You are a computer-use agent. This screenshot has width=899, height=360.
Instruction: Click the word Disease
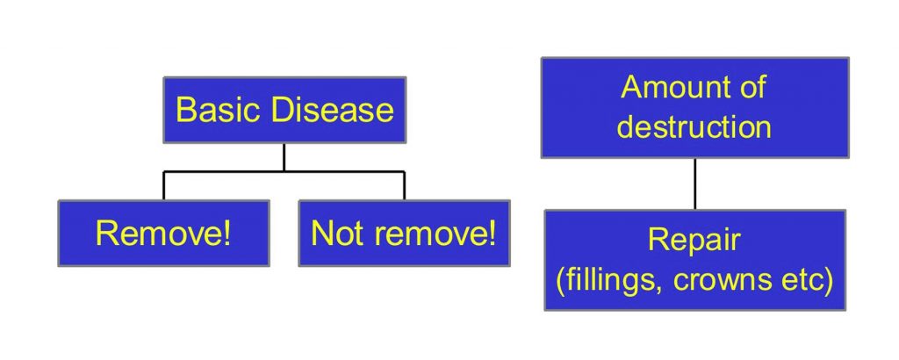pyautogui.click(x=333, y=110)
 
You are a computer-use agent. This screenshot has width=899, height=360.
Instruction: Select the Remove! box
pyautogui.click(x=164, y=234)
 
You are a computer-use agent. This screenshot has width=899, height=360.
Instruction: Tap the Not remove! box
pyautogui.click(x=404, y=234)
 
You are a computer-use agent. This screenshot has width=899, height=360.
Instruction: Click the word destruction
pyautogui.click(x=694, y=126)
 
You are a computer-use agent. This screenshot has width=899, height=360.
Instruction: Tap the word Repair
pyautogui.click(x=694, y=241)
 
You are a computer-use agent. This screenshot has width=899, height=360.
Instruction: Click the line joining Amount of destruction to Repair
pyautogui.click(x=695, y=184)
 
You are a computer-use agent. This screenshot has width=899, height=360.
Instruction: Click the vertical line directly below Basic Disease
pyautogui.click(x=284, y=157)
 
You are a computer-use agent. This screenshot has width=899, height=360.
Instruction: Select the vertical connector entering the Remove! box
pyautogui.click(x=163, y=186)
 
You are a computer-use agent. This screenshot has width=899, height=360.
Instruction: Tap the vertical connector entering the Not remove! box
pyautogui.click(x=404, y=186)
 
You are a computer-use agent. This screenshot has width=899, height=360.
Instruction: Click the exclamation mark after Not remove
pyautogui.click(x=492, y=234)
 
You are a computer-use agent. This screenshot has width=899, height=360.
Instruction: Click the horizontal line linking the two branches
pyautogui.click(x=284, y=171)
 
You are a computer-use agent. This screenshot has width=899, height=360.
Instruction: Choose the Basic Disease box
pyautogui.click(x=284, y=110)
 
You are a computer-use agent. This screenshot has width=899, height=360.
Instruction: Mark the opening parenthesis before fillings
pyautogui.click(x=560, y=283)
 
